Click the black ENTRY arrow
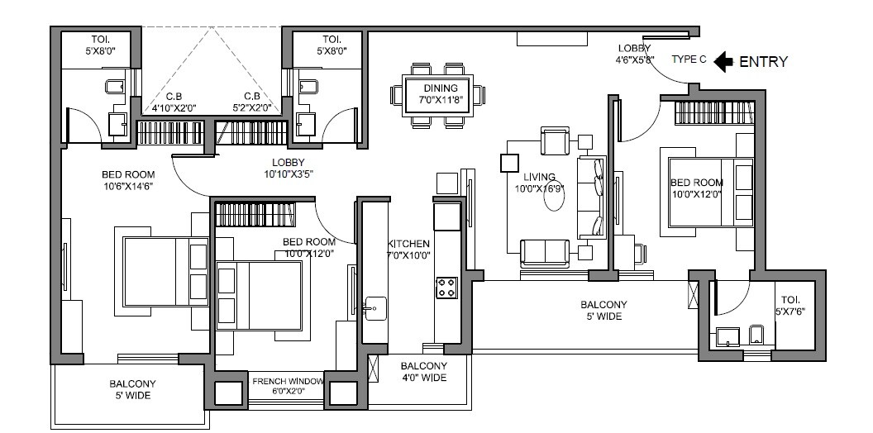pos(723,60)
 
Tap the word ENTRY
pos(762,61)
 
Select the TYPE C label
pos(689,60)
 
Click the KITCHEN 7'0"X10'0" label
pos(408,250)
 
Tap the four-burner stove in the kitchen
pos(446,288)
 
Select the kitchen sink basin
pos(374,308)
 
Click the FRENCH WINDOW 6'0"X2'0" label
pos(288,386)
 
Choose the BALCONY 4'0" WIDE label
pos(423,372)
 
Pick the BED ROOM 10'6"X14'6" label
pos(128,180)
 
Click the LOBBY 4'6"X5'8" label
pos(634,54)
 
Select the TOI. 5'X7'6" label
pos(789,306)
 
